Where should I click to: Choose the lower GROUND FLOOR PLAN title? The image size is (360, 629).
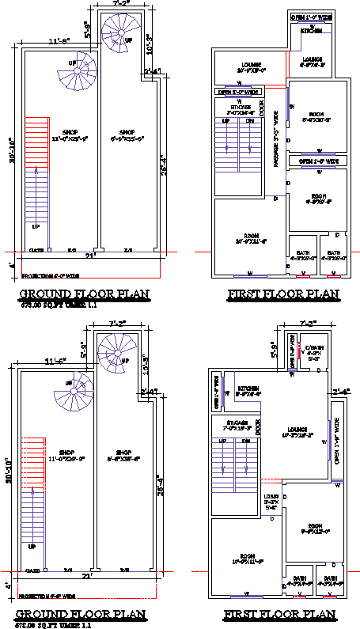point(83,615)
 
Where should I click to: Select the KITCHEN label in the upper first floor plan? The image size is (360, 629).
point(310,31)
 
